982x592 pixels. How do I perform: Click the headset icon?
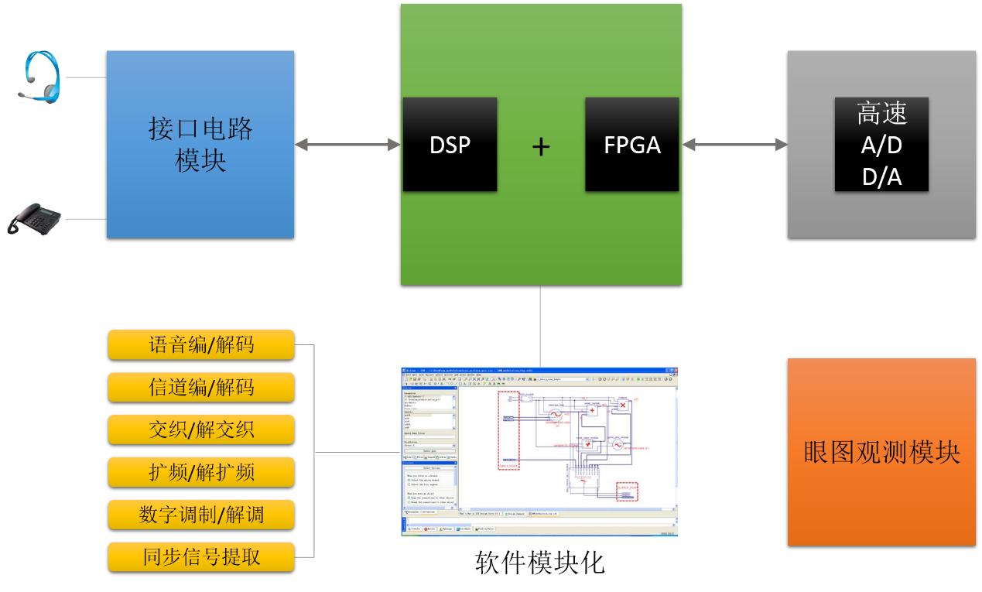click(x=39, y=77)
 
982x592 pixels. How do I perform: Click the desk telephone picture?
click(x=33, y=218)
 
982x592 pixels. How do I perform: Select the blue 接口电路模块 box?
click(x=200, y=144)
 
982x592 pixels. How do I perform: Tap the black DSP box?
click(x=450, y=145)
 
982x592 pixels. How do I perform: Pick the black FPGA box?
click(x=631, y=145)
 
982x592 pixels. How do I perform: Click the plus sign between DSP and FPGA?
click(x=541, y=146)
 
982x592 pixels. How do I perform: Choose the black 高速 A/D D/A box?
click(x=881, y=145)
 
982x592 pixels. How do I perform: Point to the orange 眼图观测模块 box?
click(x=881, y=452)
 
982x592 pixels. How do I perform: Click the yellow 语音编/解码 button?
click(x=201, y=344)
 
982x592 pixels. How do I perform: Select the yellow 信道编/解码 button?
click(x=201, y=387)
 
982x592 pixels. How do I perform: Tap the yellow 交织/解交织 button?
click(x=201, y=429)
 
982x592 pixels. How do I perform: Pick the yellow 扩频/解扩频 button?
click(x=201, y=472)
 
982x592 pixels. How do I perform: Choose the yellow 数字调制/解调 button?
click(x=201, y=515)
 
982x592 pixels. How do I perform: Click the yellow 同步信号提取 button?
click(x=201, y=556)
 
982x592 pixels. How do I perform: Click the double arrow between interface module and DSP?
click(x=347, y=145)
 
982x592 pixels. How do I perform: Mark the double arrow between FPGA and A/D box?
click(x=734, y=145)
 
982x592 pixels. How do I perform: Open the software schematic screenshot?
click(x=539, y=452)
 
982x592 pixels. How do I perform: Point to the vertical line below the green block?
click(x=540, y=325)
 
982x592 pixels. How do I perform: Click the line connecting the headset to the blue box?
click(x=85, y=77)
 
